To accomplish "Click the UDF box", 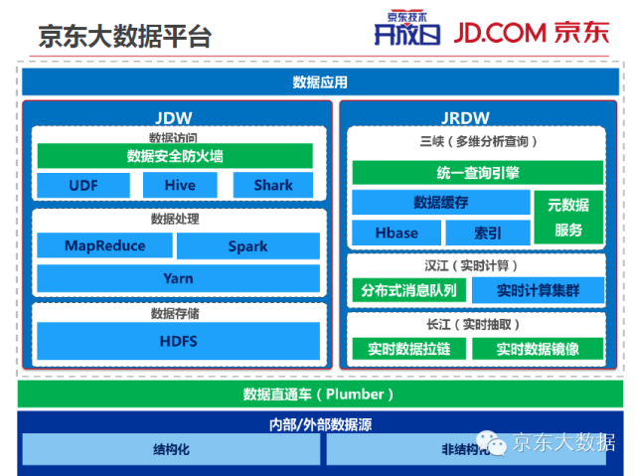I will [x=83, y=185].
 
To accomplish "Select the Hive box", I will [x=180, y=185].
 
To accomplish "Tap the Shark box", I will [x=273, y=185].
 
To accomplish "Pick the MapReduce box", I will [x=104, y=245].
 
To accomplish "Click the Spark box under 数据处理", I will [x=247, y=245].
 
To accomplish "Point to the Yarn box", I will [x=178, y=278].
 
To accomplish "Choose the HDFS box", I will [x=178, y=341].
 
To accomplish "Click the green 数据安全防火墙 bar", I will [x=175, y=156].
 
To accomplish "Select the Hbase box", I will [x=396, y=233].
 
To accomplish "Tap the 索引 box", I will [x=488, y=233].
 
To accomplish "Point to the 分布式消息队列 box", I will [x=408, y=290].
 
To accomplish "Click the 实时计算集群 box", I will [x=538, y=290].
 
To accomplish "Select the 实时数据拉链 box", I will [x=408, y=349].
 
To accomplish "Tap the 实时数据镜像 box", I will [x=538, y=349].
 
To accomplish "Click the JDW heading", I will [x=175, y=117].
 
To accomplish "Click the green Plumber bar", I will [x=318, y=395].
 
